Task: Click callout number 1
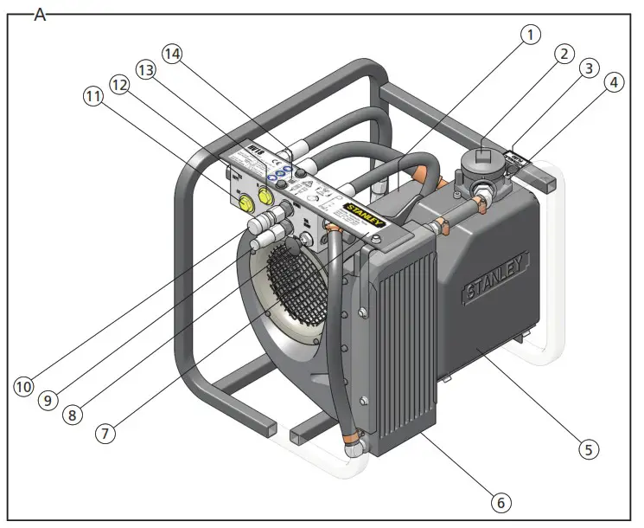click(x=530, y=35)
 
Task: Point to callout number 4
click(x=613, y=84)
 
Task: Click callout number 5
click(x=588, y=448)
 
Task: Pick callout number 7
click(x=105, y=433)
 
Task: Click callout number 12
click(x=119, y=83)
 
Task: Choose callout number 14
click(x=173, y=54)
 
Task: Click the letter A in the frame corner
click(x=39, y=15)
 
